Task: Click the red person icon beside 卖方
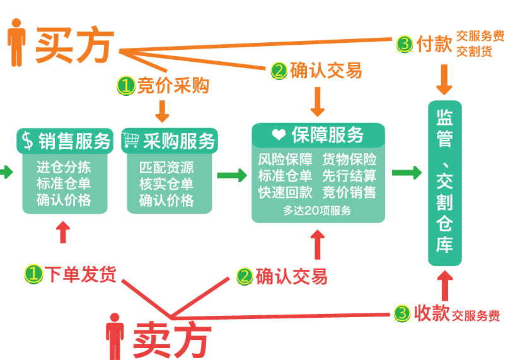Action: click(x=115, y=335)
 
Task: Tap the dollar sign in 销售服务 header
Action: click(x=27, y=141)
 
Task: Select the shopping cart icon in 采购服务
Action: click(x=132, y=140)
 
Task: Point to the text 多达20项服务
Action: click(x=317, y=211)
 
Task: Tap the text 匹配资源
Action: click(x=166, y=168)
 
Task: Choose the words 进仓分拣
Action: click(x=64, y=168)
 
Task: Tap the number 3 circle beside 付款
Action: click(x=405, y=44)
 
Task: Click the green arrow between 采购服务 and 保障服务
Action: click(x=231, y=175)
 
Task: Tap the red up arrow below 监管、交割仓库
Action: click(x=445, y=286)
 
